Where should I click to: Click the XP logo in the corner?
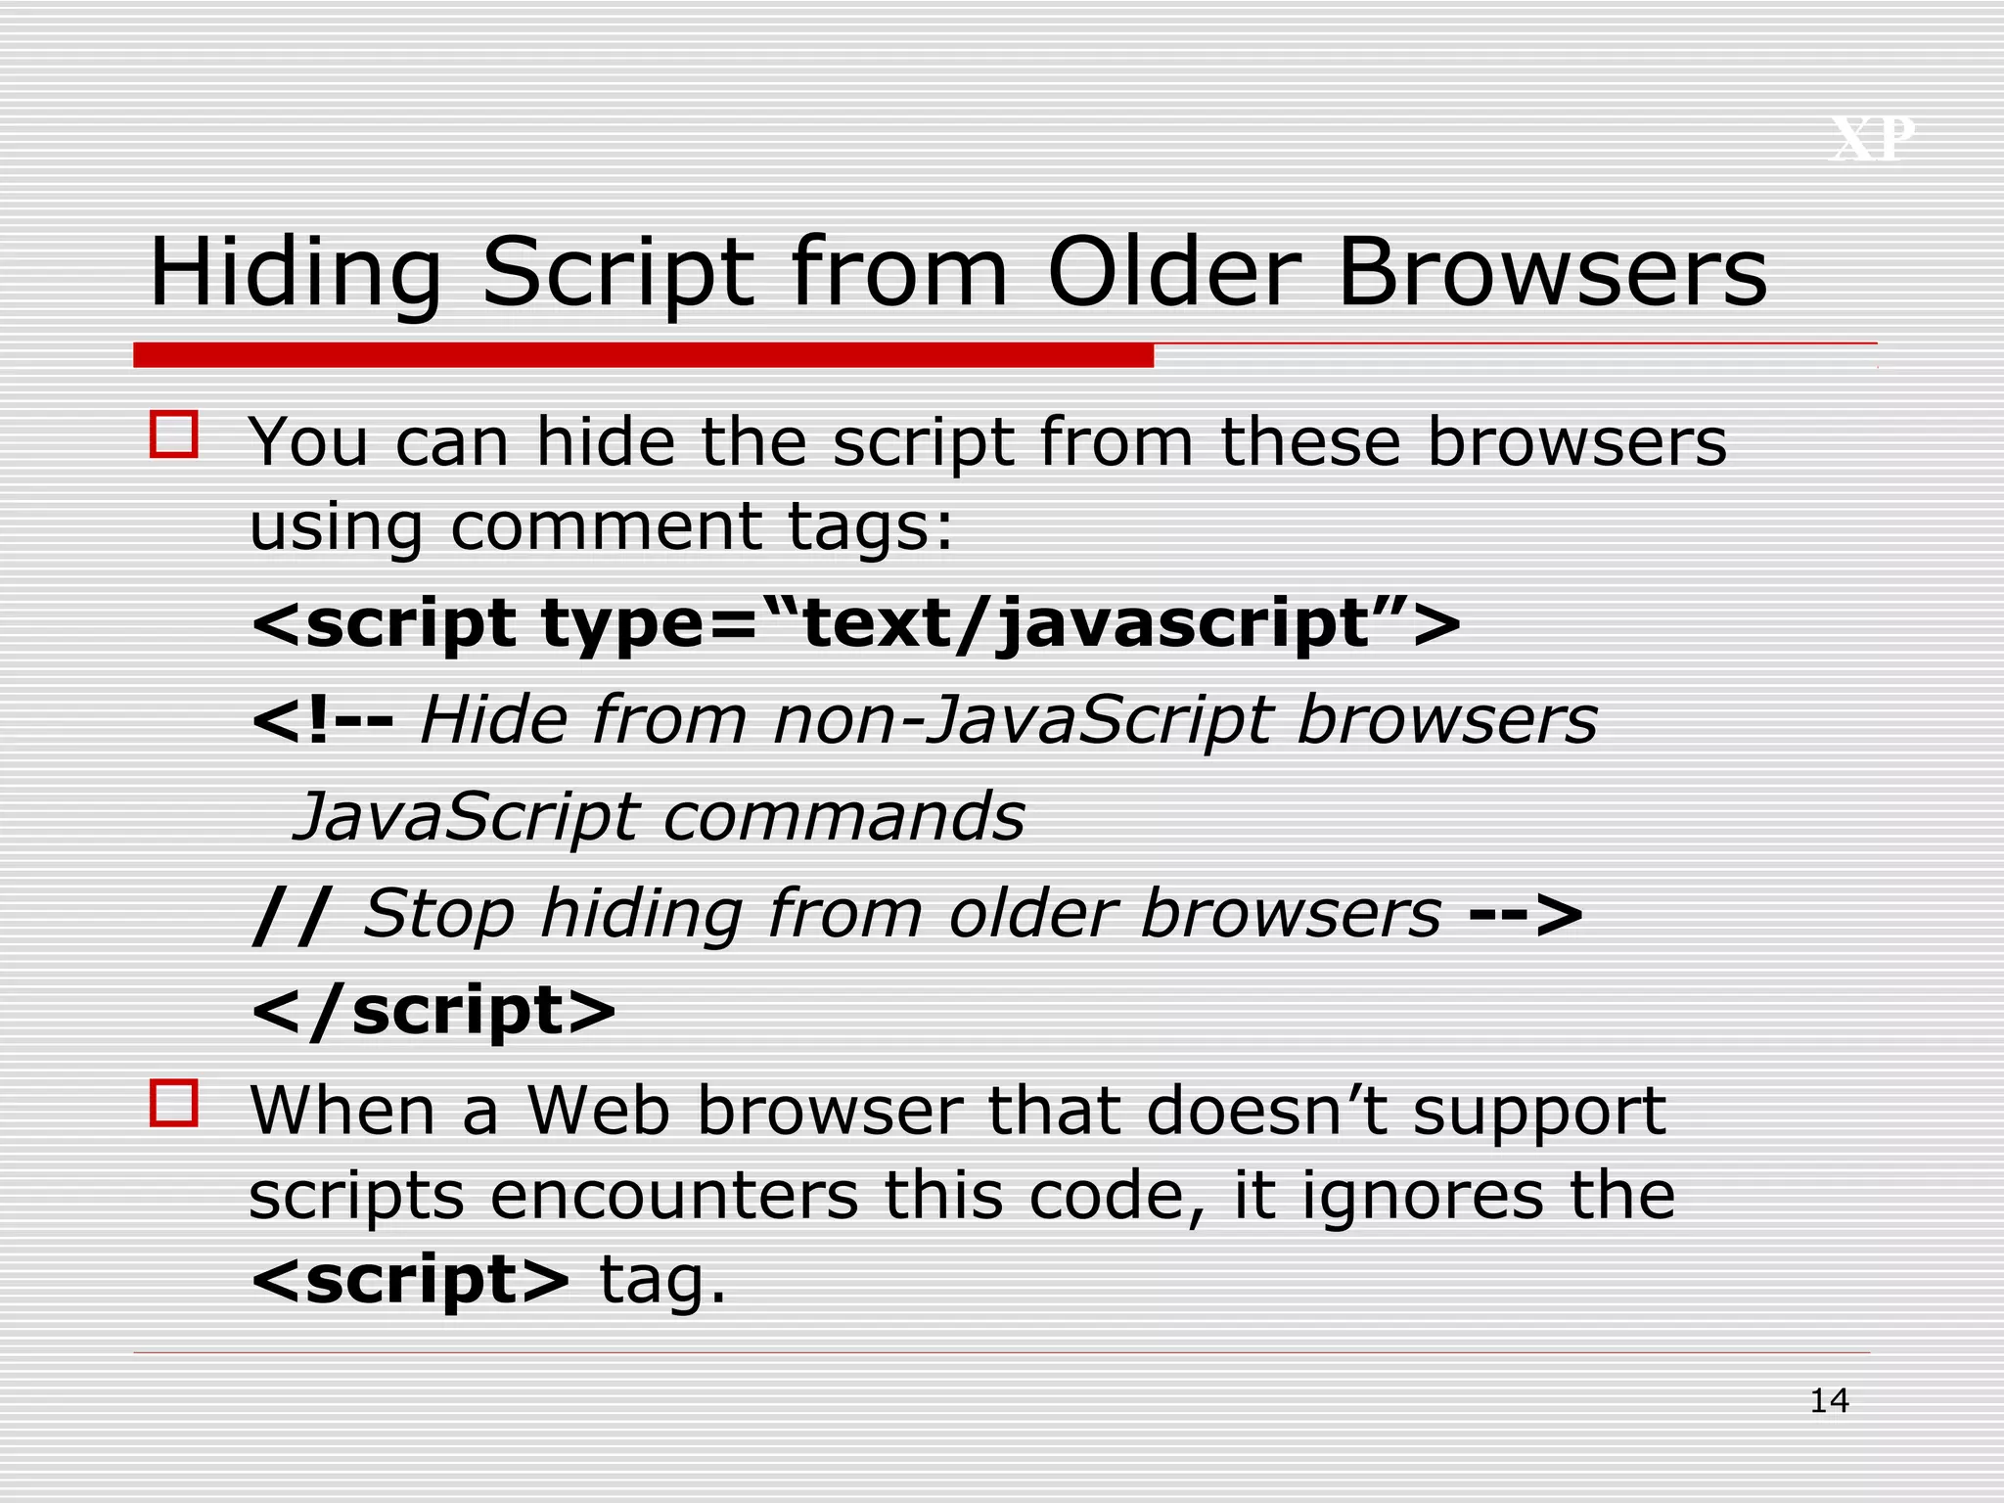coord(1873,139)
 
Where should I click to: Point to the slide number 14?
coord(1829,1401)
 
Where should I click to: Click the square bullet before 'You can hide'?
coord(174,434)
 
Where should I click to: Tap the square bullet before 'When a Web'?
coord(174,1104)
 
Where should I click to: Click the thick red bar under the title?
coord(643,355)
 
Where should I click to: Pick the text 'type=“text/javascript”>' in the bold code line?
coord(1001,624)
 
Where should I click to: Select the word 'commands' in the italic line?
coord(843,816)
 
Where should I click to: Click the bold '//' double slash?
coord(292,914)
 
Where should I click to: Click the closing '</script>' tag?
coord(433,1010)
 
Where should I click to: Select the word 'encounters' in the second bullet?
coord(673,1196)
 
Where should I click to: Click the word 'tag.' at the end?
coord(662,1280)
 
